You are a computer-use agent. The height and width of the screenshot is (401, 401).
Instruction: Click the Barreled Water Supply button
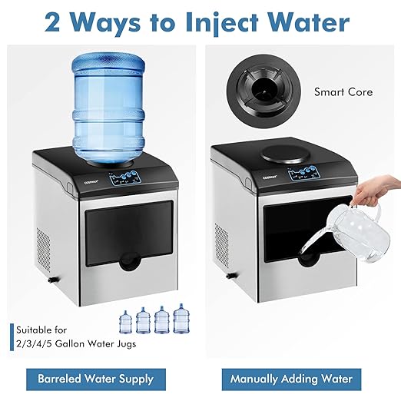coord(96,378)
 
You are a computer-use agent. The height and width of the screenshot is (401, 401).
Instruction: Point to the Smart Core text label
coord(343,92)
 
